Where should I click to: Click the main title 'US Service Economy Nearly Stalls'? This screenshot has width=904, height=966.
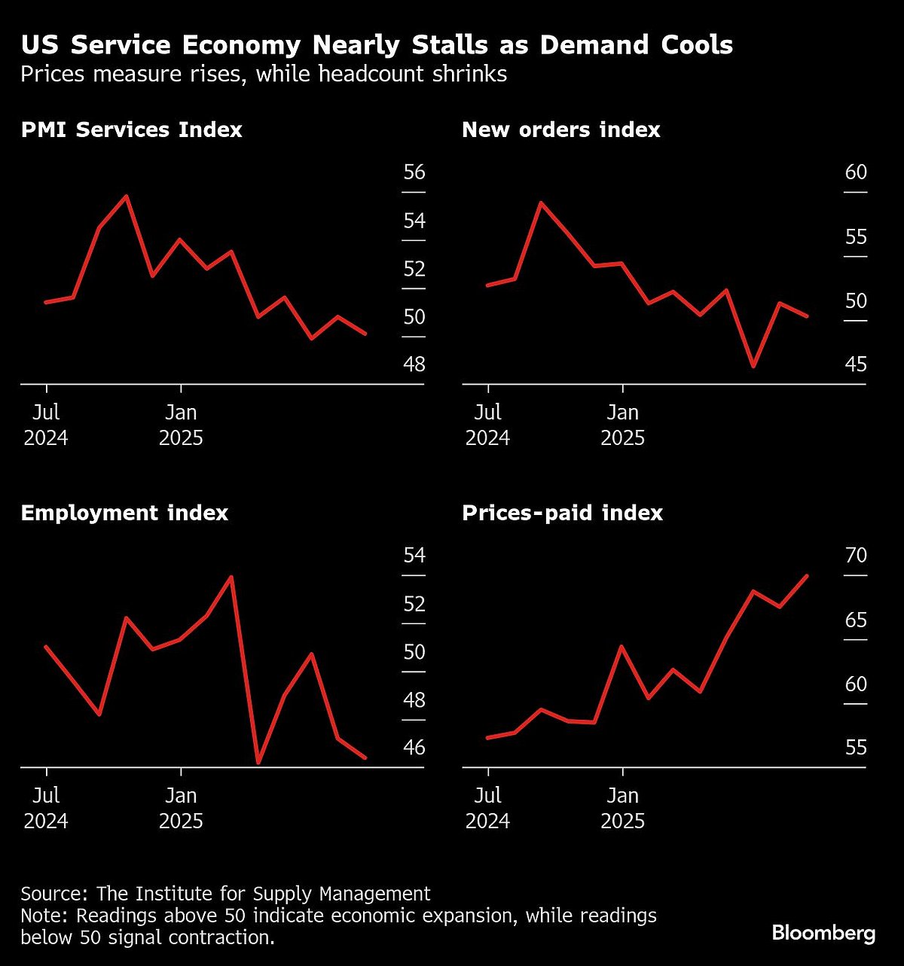(x=377, y=45)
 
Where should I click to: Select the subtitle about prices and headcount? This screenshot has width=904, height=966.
(x=264, y=75)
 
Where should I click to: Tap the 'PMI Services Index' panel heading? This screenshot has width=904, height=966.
(x=131, y=130)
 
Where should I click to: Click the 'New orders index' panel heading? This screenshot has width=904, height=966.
(x=560, y=130)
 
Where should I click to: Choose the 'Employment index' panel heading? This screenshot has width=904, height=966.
(x=124, y=513)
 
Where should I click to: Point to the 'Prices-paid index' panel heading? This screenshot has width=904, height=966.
(x=562, y=513)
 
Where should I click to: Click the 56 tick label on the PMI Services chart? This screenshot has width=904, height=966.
(x=414, y=172)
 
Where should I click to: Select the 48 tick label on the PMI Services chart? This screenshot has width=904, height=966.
(x=414, y=364)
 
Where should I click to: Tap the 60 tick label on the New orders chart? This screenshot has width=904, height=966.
(x=856, y=172)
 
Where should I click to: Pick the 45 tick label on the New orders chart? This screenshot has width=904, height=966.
(x=856, y=364)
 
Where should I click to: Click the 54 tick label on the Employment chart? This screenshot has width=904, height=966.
(x=414, y=556)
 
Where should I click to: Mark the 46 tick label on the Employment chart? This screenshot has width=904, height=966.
(x=414, y=748)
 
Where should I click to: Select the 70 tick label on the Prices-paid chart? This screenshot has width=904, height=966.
(x=856, y=556)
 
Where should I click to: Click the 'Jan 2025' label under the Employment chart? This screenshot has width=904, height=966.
(x=181, y=807)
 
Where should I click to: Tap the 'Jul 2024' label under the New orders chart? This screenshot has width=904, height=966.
(x=487, y=425)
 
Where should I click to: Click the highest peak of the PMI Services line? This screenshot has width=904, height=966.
(x=126, y=196)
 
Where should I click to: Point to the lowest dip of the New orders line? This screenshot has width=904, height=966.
(x=753, y=366)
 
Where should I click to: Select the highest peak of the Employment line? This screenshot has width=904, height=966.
(x=231, y=577)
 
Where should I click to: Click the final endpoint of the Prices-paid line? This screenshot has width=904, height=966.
(x=808, y=576)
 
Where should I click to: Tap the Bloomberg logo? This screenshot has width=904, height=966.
(x=823, y=933)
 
